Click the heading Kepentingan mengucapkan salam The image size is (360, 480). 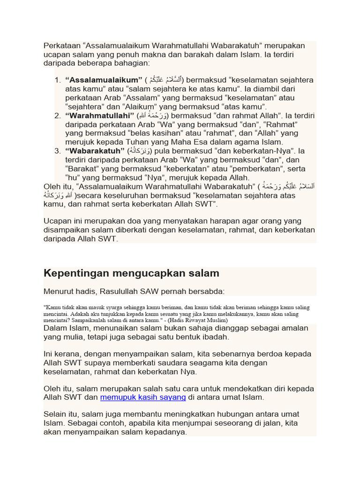coord(131,273)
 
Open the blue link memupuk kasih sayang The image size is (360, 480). coord(143,397)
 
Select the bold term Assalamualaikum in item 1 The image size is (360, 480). coord(104,80)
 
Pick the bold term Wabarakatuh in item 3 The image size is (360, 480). coord(95,151)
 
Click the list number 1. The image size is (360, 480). coord(57,80)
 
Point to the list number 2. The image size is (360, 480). coord(57,116)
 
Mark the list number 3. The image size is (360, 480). coord(57,151)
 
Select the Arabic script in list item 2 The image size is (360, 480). coord(152,115)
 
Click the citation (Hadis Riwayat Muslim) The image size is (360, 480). coord(200,320)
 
